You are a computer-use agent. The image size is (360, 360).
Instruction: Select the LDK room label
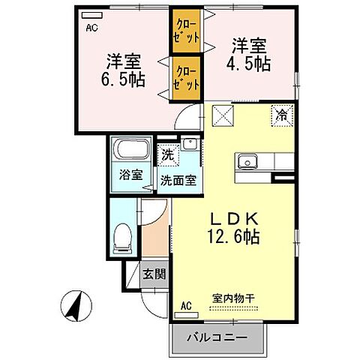pyautogui.click(x=235, y=220)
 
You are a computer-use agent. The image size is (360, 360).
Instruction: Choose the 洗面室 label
pyautogui.click(x=178, y=180)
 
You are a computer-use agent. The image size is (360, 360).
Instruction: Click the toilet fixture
pyautogui.click(x=121, y=238)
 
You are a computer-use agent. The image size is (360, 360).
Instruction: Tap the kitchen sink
pyautogui.click(x=248, y=161)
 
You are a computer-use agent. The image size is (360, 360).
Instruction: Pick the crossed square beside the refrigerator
pyautogui.click(x=223, y=115)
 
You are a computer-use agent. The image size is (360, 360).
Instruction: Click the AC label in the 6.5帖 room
pyautogui.click(x=91, y=28)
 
